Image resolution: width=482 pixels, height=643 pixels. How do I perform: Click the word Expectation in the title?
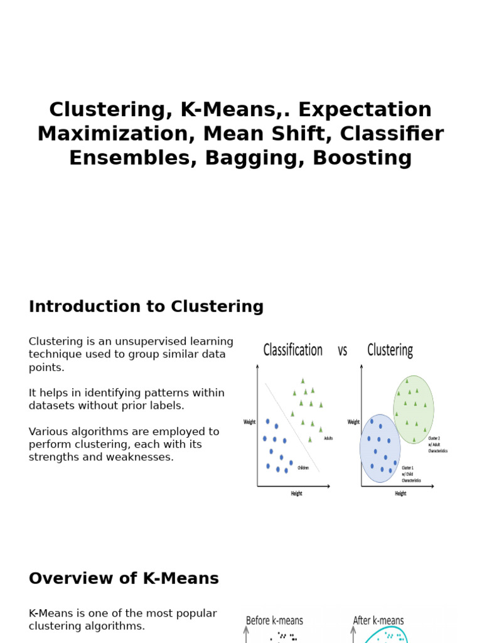pos(365,110)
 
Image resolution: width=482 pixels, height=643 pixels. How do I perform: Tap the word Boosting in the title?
pos(362,158)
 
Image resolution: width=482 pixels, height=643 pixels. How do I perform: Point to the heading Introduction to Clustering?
pos(146,307)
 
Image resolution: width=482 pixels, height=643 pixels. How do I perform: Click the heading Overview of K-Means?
pos(124,579)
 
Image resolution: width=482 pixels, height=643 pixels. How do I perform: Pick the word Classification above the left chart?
pos(292,350)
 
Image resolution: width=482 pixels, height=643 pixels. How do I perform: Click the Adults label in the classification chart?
pos(328,438)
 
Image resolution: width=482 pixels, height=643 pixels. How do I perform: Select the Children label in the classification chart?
pos(303,468)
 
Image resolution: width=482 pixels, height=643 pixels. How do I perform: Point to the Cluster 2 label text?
pos(434,438)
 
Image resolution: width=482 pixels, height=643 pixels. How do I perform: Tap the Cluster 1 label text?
pos(408,468)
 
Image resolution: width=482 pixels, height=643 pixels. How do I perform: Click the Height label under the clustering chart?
pos(400,494)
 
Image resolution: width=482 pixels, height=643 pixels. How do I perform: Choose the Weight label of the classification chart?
pos(250,422)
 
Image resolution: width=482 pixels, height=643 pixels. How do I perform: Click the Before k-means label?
pos(274,621)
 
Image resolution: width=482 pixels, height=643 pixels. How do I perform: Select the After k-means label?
pos(378,621)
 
